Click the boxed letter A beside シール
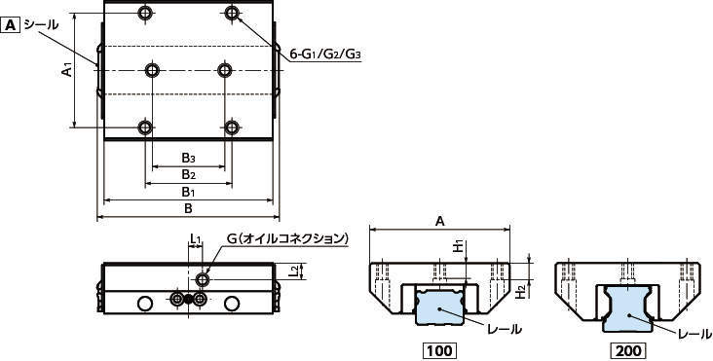pyautogui.click(x=11, y=24)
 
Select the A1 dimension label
pyautogui.click(x=67, y=70)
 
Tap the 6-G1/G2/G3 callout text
pyautogui.click(x=326, y=54)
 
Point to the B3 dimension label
pyautogui.click(x=189, y=158)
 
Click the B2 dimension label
pyautogui.click(x=189, y=174)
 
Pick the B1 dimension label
pyautogui.click(x=189, y=192)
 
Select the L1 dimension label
pyautogui.click(x=195, y=237)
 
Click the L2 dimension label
pyautogui.click(x=295, y=271)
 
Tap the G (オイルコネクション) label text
pyautogui.click(x=287, y=238)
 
